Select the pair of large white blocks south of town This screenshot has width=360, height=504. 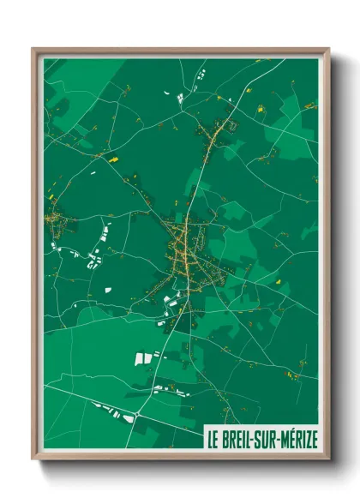tap(143, 357)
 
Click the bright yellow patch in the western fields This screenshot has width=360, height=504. tap(111, 159)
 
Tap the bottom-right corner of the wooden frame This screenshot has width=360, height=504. tap(329, 460)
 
